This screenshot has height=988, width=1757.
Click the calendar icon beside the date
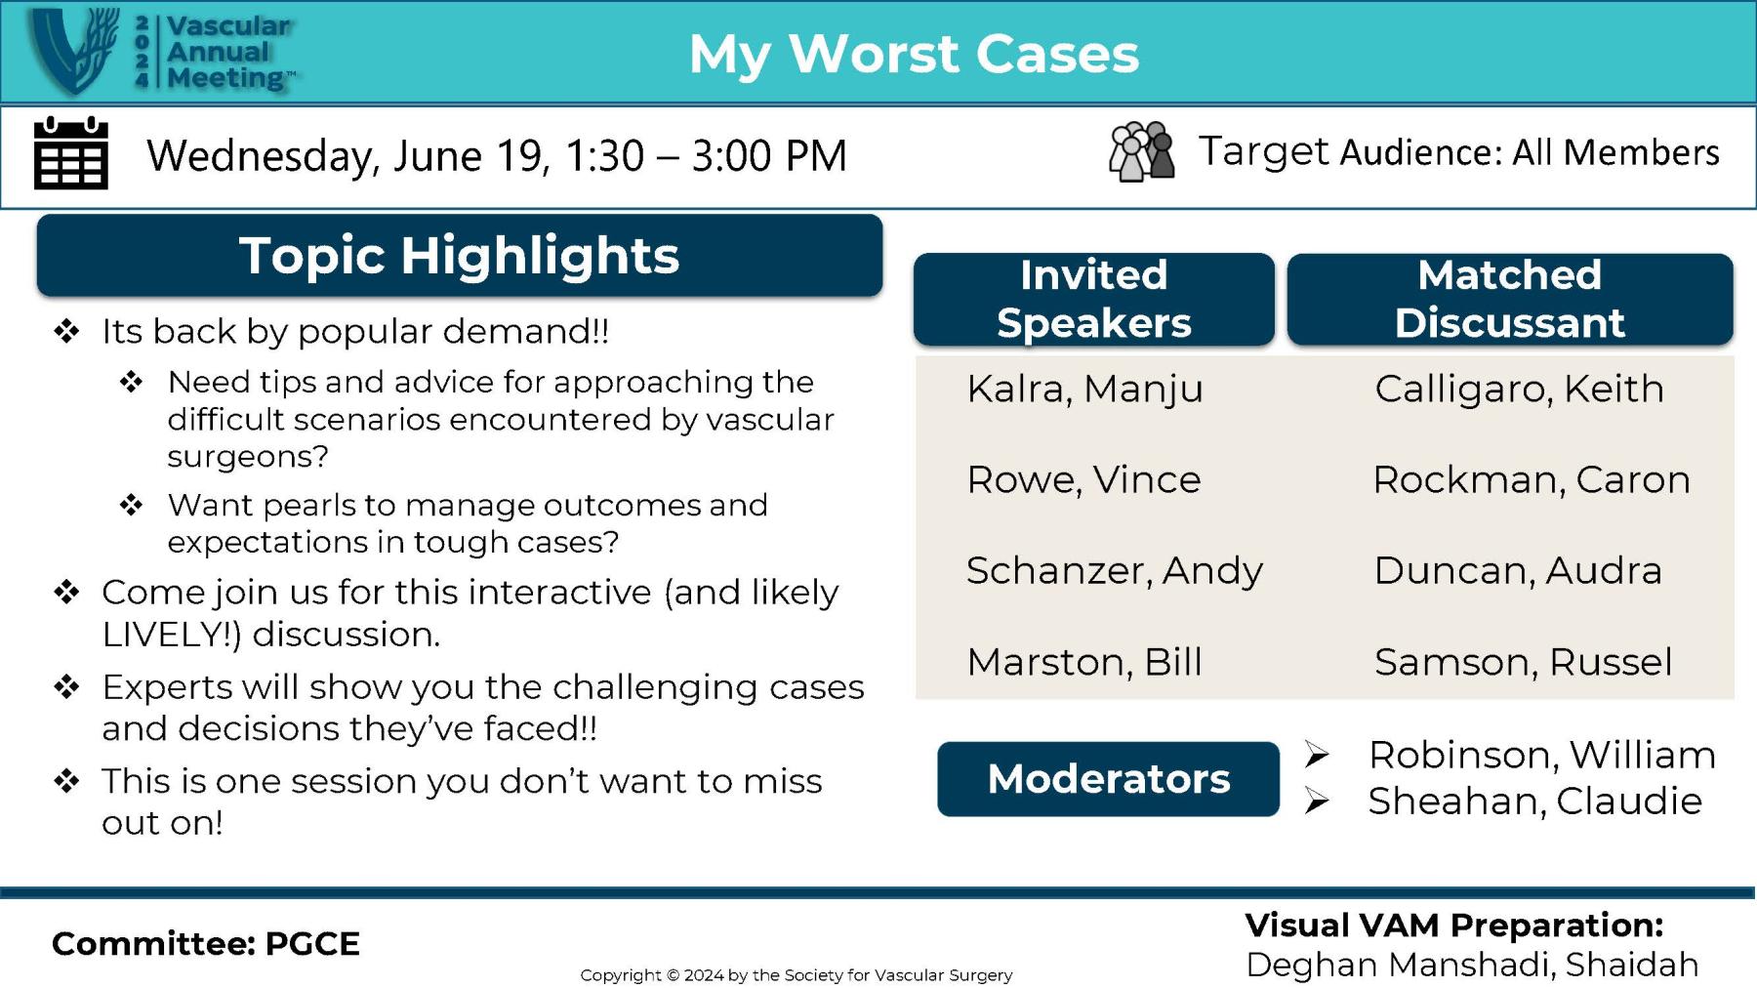click(71, 153)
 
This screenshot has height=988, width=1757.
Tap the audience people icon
click(1141, 151)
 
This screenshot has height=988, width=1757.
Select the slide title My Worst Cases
click(914, 54)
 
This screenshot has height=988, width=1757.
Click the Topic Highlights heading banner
click(460, 256)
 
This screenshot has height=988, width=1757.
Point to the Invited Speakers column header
click(1094, 299)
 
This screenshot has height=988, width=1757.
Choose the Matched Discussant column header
click(1510, 299)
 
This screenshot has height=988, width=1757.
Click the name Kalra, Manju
click(1084, 389)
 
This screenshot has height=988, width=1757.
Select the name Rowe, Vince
click(1083, 479)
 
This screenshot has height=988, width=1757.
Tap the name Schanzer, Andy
click(1115, 570)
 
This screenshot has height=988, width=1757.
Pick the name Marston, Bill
click(1084, 662)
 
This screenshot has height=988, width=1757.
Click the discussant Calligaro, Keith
click(1519, 389)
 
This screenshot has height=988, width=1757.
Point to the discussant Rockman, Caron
click(1532, 479)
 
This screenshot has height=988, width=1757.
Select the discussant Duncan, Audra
click(1518, 570)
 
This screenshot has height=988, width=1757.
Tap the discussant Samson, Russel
click(1524, 662)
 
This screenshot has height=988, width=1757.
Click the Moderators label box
click(1108, 779)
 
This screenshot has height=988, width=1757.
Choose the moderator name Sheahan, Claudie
click(1535, 802)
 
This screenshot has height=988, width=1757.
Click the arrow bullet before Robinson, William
click(1317, 755)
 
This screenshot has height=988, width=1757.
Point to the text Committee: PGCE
click(206, 944)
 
